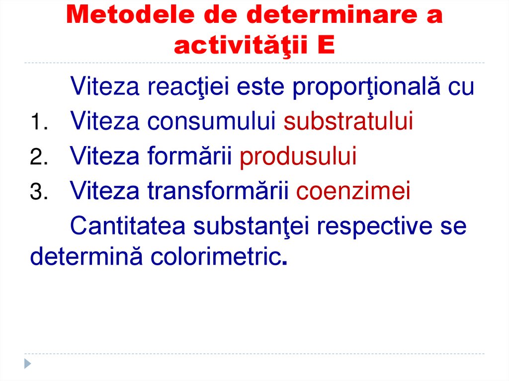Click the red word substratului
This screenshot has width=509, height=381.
[348, 122]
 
